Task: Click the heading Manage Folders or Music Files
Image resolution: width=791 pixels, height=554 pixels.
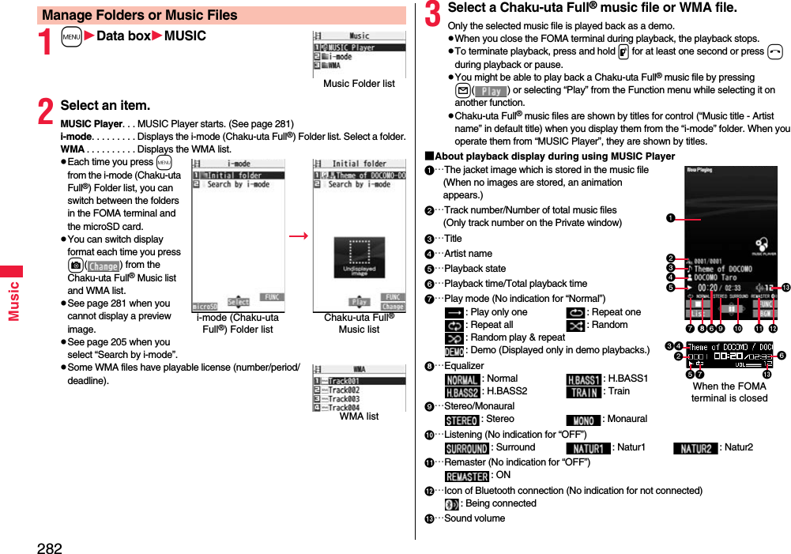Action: point(140,15)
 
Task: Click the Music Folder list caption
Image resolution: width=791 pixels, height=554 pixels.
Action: point(359,84)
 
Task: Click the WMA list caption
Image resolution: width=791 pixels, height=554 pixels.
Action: point(359,416)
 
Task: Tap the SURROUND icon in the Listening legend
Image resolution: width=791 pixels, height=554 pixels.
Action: point(466,448)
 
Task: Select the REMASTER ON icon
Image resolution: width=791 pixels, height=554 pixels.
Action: point(466,476)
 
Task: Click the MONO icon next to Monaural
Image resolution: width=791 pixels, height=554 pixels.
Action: point(583,420)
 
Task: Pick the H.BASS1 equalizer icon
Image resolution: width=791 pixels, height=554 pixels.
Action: point(583,379)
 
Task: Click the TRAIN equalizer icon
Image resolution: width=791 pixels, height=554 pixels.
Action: point(583,392)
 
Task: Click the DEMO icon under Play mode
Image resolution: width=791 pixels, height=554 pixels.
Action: point(454,351)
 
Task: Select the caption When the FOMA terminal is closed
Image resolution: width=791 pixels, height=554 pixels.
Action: point(729,392)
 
